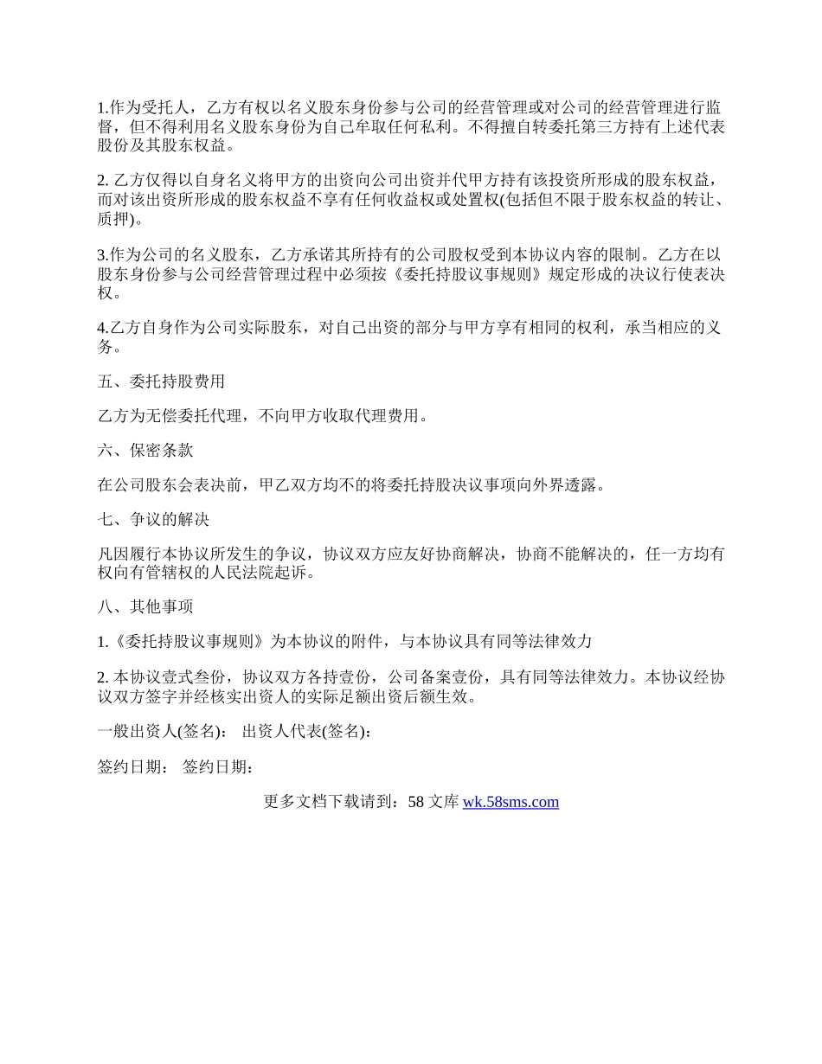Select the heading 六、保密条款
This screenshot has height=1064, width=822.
click(145, 451)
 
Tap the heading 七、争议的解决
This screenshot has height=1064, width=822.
click(153, 520)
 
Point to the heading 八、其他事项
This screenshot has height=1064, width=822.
click(145, 606)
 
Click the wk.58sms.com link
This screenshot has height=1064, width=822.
click(511, 802)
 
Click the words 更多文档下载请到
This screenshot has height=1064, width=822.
click(330, 802)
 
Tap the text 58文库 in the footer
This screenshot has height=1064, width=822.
click(433, 802)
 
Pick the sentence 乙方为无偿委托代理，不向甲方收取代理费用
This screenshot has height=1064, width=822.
click(262, 416)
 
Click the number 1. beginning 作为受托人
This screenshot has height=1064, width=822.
click(103, 108)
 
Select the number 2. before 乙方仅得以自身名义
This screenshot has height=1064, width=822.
click(103, 180)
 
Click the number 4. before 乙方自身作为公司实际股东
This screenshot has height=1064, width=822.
click(103, 328)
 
